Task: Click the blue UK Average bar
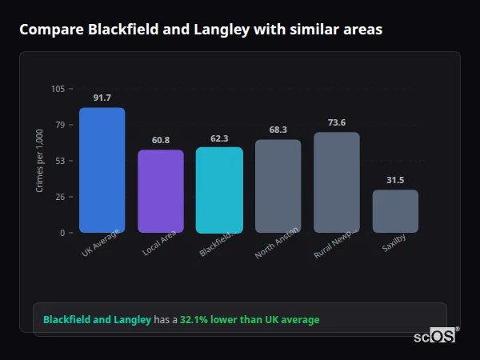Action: tap(102, 170)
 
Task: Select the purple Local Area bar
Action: tap(160, 191)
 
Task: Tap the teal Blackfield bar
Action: tap(219, 190)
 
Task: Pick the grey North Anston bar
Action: tap(278, 186)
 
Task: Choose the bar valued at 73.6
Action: tap(336, 182)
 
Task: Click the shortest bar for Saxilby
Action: tap(395, 211)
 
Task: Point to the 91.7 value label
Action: tap(102, 98)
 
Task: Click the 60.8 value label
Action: tap(160, 140)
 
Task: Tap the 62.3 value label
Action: tap(219, 138)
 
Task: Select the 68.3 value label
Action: tap(278, 130)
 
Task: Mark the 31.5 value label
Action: tap(395, 180)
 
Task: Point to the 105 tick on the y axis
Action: tap(58, 89)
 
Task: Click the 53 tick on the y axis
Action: tap(60, 161)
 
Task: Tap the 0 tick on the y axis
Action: tap(62, 233)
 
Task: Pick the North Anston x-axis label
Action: tap(277, 242)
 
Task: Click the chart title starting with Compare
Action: tap(200, 30)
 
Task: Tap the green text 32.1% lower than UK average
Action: tap(250, 320)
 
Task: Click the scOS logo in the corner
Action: tap(435, 336)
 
